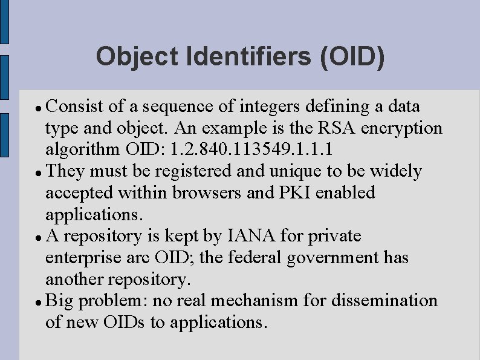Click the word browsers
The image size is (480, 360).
204,193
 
